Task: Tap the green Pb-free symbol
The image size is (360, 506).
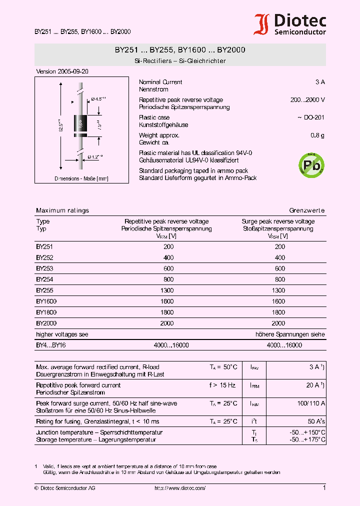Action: point(311,164)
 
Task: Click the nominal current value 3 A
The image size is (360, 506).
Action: point(320,82)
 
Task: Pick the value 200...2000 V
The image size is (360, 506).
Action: point(307,100)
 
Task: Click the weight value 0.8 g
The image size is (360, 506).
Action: point(317,135)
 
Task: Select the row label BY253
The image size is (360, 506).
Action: point(44,268)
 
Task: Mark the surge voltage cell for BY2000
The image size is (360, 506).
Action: point(278,323)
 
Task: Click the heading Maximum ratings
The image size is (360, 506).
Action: point(62,210)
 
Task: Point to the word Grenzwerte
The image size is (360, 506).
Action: point(307,210)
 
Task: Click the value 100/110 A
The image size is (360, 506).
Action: point(311,403)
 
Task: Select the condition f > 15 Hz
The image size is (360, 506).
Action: point(223,385)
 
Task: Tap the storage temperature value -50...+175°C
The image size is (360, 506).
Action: point(307,439)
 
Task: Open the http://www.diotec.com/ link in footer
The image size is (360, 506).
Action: point(180,488)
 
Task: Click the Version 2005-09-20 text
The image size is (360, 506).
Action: point(62,71)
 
